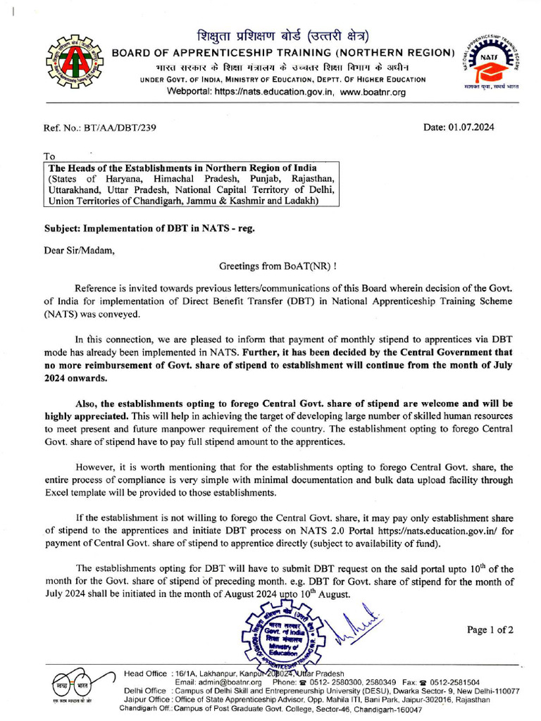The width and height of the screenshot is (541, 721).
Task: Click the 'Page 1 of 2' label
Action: point(490,629)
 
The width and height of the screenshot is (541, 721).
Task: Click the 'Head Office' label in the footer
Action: point(146,673)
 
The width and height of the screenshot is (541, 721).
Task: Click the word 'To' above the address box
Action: point(49,156)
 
